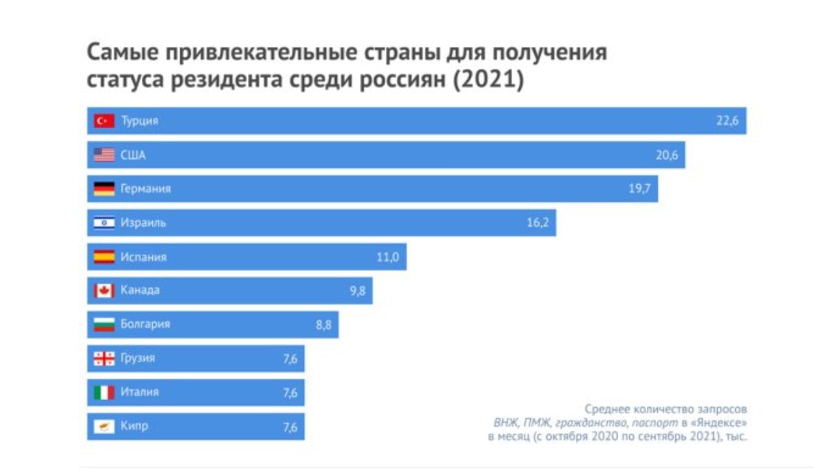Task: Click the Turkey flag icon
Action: [104, 121]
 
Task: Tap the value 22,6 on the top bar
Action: [727, 121]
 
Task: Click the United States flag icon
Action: [104, 155]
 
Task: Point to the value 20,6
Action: [666, 155]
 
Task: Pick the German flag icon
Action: [104, 189]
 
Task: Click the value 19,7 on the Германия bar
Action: [639, 189]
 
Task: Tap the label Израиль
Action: [143, 223]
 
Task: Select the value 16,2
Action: [537, 223]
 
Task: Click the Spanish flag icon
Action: [104, 257]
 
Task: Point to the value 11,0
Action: [387, 257]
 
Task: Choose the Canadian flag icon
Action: [104, 291]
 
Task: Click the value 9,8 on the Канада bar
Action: [357, 291]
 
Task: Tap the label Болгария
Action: [145, 324]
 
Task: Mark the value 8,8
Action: [323, 325]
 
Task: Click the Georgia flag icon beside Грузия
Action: [104, 358]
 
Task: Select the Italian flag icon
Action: [104, 392]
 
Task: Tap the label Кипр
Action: [134, 427]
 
